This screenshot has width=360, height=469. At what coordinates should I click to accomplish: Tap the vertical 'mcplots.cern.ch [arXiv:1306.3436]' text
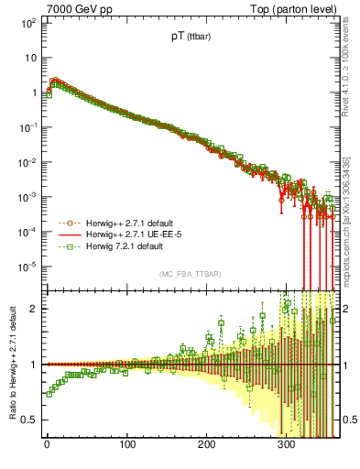click(353, 211)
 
